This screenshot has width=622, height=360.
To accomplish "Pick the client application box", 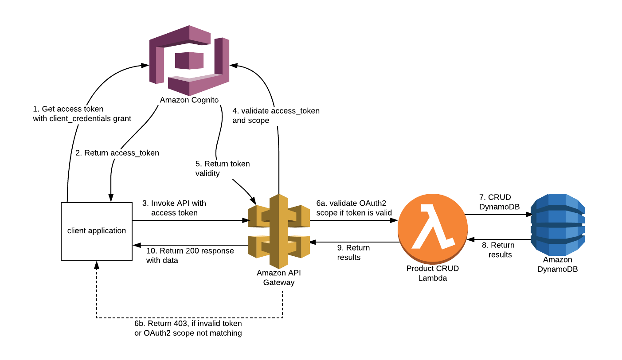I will (97, 231).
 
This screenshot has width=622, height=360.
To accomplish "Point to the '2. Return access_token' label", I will (117, 153).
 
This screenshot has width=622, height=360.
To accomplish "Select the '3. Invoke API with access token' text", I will (174, 208).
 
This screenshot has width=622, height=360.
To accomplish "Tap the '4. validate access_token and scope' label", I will (276, 115).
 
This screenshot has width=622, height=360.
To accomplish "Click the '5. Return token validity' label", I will (223, 168).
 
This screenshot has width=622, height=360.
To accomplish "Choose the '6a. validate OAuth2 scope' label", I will (354, 207).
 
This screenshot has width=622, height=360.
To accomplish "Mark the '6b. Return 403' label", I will (188, 328).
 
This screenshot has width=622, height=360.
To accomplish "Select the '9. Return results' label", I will (353, 252).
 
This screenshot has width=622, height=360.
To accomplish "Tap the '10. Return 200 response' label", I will (190, 255).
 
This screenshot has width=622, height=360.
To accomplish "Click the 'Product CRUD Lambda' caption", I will (432, 273).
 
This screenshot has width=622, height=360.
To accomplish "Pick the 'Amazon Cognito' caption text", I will (189, 100).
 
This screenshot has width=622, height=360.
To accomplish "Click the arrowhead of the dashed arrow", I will (97, 265).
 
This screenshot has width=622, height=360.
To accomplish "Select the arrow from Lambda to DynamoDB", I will (497, 215).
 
